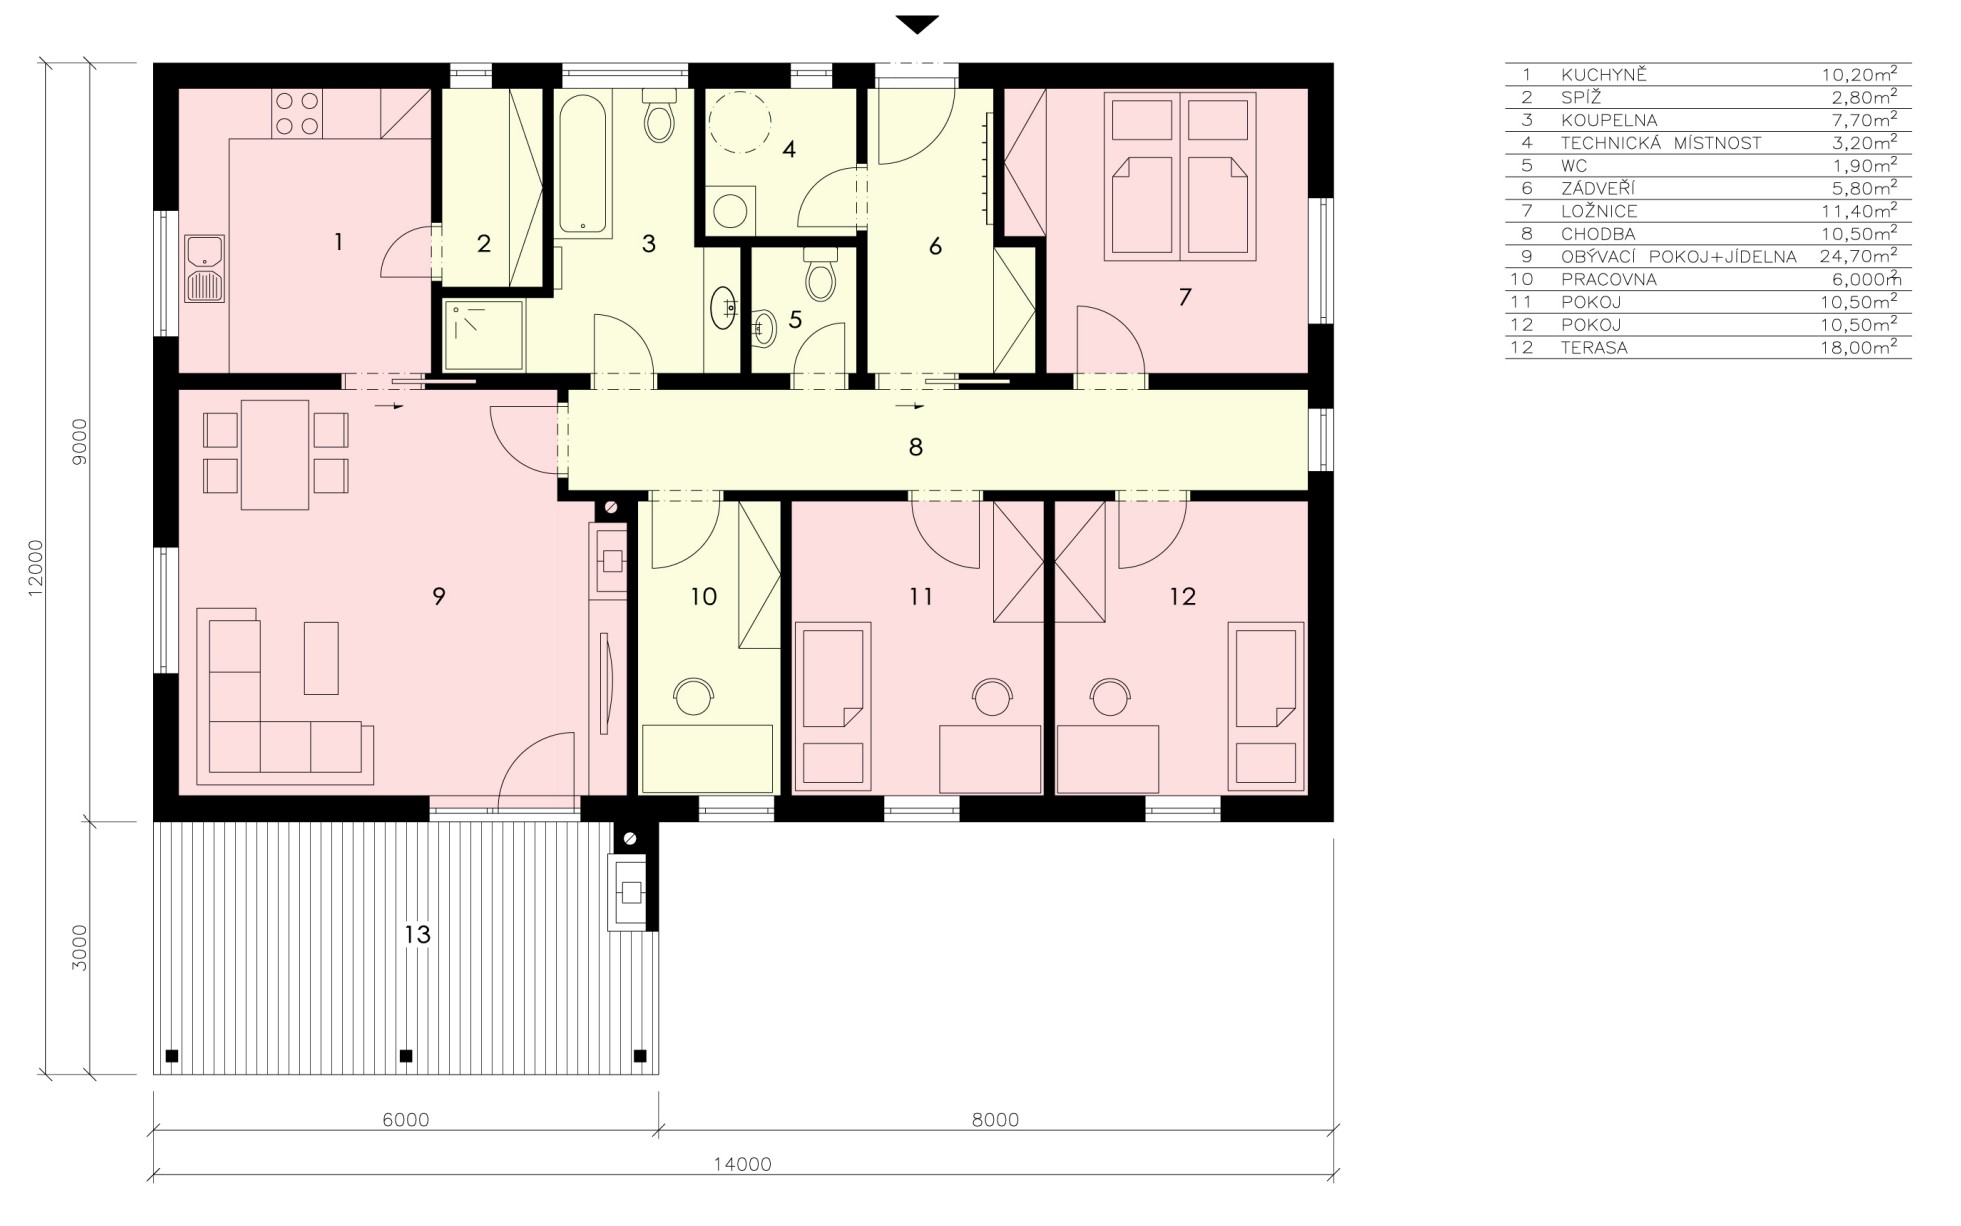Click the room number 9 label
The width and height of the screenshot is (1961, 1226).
(438, 596)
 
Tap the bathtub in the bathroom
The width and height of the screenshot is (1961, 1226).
(582, 166)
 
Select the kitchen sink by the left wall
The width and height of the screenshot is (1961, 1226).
(204, 269)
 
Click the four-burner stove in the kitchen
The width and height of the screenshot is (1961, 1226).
(297, 114)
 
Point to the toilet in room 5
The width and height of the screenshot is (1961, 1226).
(820, 275)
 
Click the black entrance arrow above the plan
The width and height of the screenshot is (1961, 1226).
(917, 25)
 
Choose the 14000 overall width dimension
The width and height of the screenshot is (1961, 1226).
(742, 1164)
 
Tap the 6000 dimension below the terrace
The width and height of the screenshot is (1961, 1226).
(405, 1120)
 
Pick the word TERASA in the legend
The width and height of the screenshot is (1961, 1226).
(1594, 348)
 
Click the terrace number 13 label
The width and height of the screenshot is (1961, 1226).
(417, 934)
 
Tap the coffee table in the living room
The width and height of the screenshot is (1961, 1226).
(321, 657)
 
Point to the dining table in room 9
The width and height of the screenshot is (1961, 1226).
(275, 455)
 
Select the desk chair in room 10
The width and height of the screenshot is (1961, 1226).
(693, 696)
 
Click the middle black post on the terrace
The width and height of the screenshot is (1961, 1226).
(406, 1055)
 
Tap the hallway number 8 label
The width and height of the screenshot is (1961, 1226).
(915, 447)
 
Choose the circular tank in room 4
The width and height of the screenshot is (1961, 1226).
(740, 123)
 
